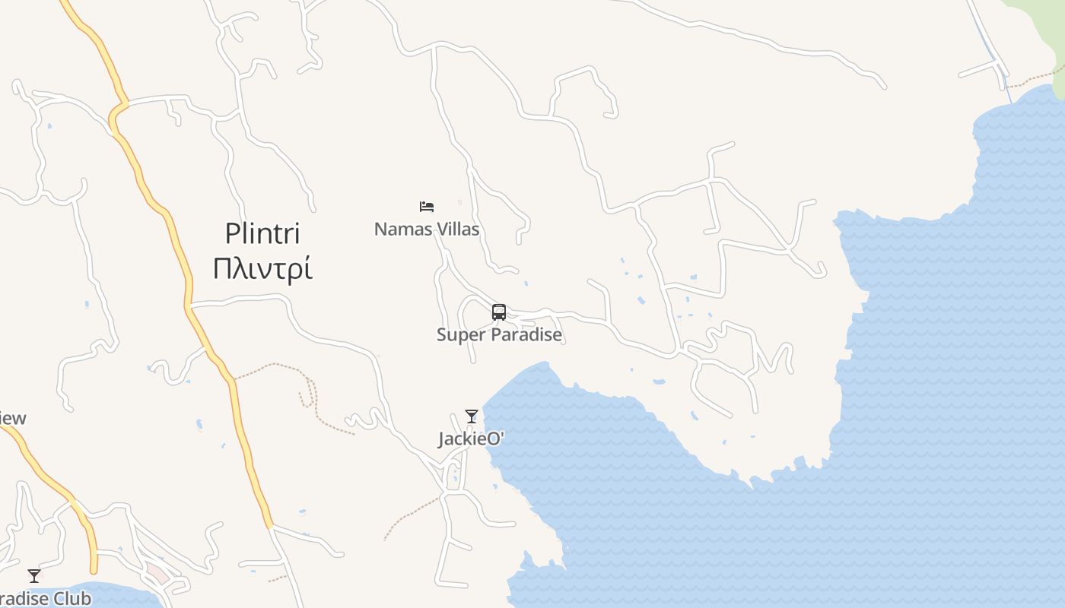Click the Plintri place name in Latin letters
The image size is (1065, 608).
[x=262, y=233]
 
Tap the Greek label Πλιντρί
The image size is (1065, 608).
[x=262, y=269]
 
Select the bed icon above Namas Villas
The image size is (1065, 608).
[x=427, y=207]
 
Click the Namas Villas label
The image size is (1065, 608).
[x=427, y=229]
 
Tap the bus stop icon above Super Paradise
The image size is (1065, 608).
[x=499, y=312]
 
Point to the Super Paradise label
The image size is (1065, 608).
[x=499, y=334]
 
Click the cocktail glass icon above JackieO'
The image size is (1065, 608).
[x=472, y=416]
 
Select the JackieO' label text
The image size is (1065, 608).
[x=472, y=439]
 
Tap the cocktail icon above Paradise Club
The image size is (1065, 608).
[x=34, y=575]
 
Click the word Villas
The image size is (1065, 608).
[x=456, y=229]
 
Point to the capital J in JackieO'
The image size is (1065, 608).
[x=441, y=440]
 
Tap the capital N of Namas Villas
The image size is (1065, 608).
[x=380, y=229]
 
